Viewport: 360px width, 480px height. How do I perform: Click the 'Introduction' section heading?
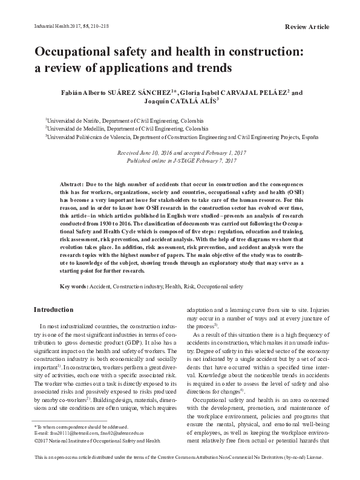coord(53,310)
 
